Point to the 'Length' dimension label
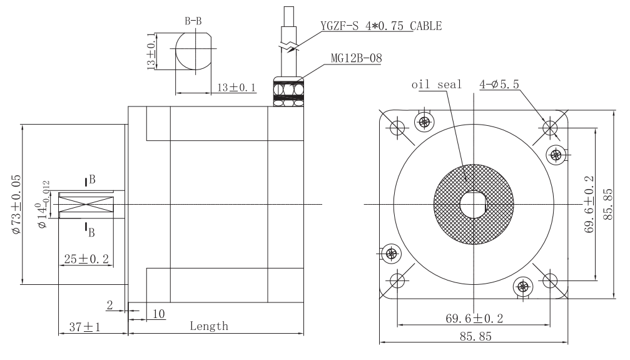209,326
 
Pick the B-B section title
193,21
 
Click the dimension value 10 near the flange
159,314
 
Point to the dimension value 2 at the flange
110,306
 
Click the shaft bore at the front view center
474,204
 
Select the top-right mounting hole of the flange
550,128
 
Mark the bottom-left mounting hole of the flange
397,280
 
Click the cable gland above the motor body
288,91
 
